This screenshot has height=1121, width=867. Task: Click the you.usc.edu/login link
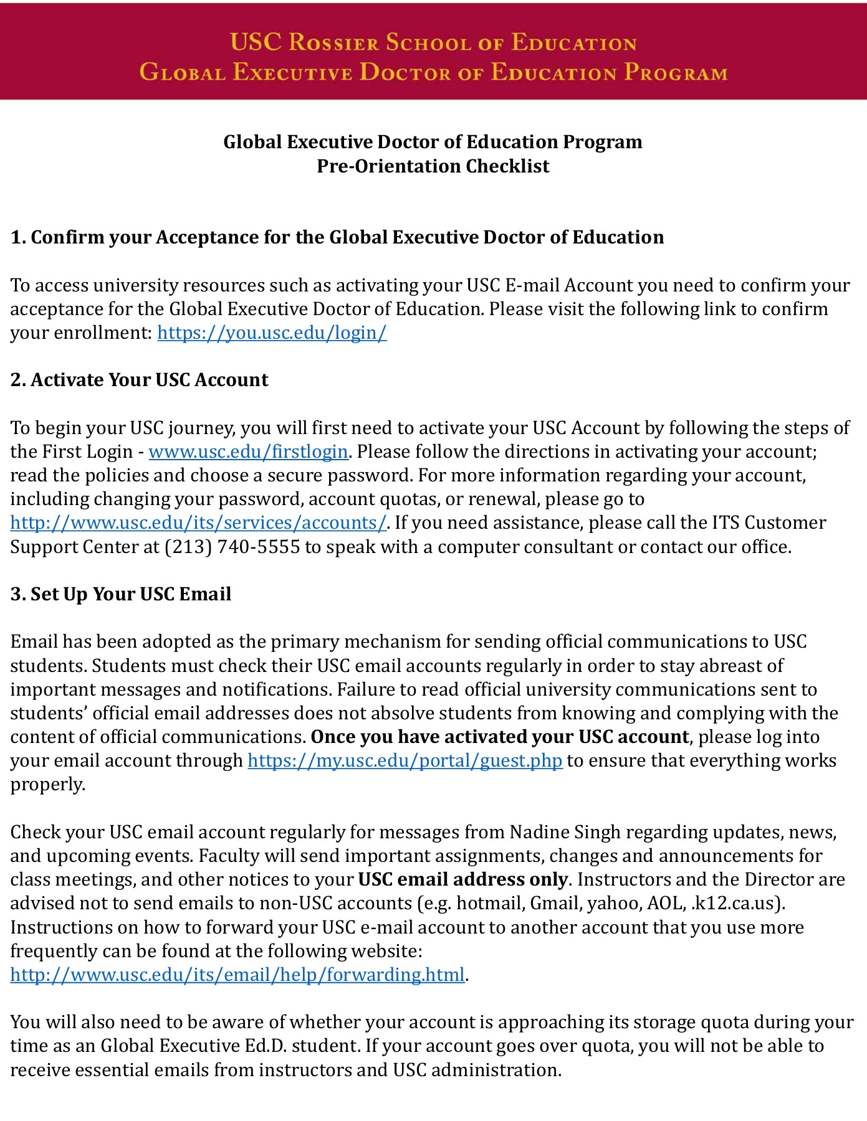[x=272, y=333]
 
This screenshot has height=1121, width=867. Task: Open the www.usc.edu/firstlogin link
[x=248, y=452]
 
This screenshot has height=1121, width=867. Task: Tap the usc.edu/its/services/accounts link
[x=198, y=523]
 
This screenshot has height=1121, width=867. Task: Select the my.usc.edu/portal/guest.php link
[x=405, y=760]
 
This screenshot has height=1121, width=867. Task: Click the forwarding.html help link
[x=237, y=974]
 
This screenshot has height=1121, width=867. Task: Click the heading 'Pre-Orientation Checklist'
[x=433, y=166]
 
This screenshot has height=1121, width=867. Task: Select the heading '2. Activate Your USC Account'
[x=139, y=380]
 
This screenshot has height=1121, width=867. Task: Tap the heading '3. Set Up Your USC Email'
[x=121, y=594]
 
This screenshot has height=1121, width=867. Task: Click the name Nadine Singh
[x=565, y=832]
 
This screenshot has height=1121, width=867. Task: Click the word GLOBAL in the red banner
[x=182, y=72]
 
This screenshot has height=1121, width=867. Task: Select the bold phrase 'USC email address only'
[x=462, y=879]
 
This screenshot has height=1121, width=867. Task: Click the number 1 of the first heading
[x=16, y=237]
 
